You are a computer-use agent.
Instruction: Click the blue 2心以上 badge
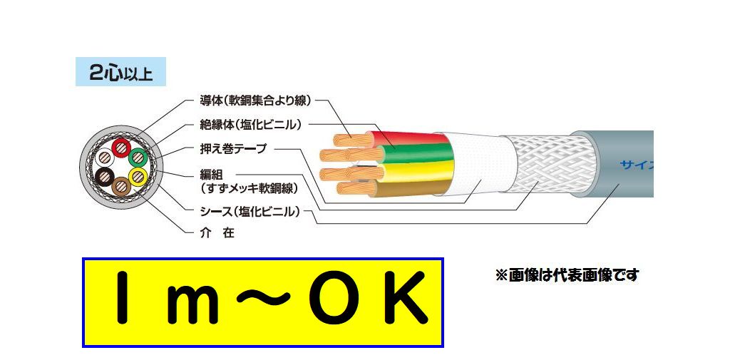pos(120,72)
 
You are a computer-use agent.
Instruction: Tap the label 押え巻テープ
pos(232,148)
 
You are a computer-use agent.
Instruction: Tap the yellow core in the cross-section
pos(137,175)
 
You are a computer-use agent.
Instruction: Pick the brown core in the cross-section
pos(120,186)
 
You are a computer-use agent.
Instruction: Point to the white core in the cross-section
pos(105,158)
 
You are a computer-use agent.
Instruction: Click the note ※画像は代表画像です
pos(567,275)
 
